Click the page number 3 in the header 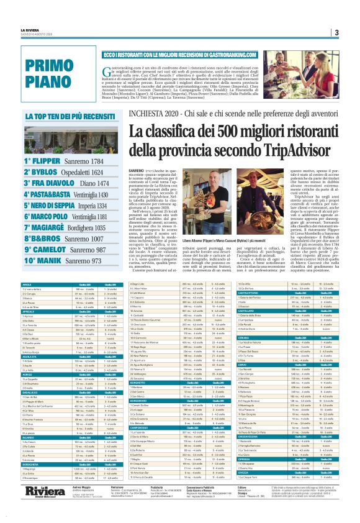tap(336, 33)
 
